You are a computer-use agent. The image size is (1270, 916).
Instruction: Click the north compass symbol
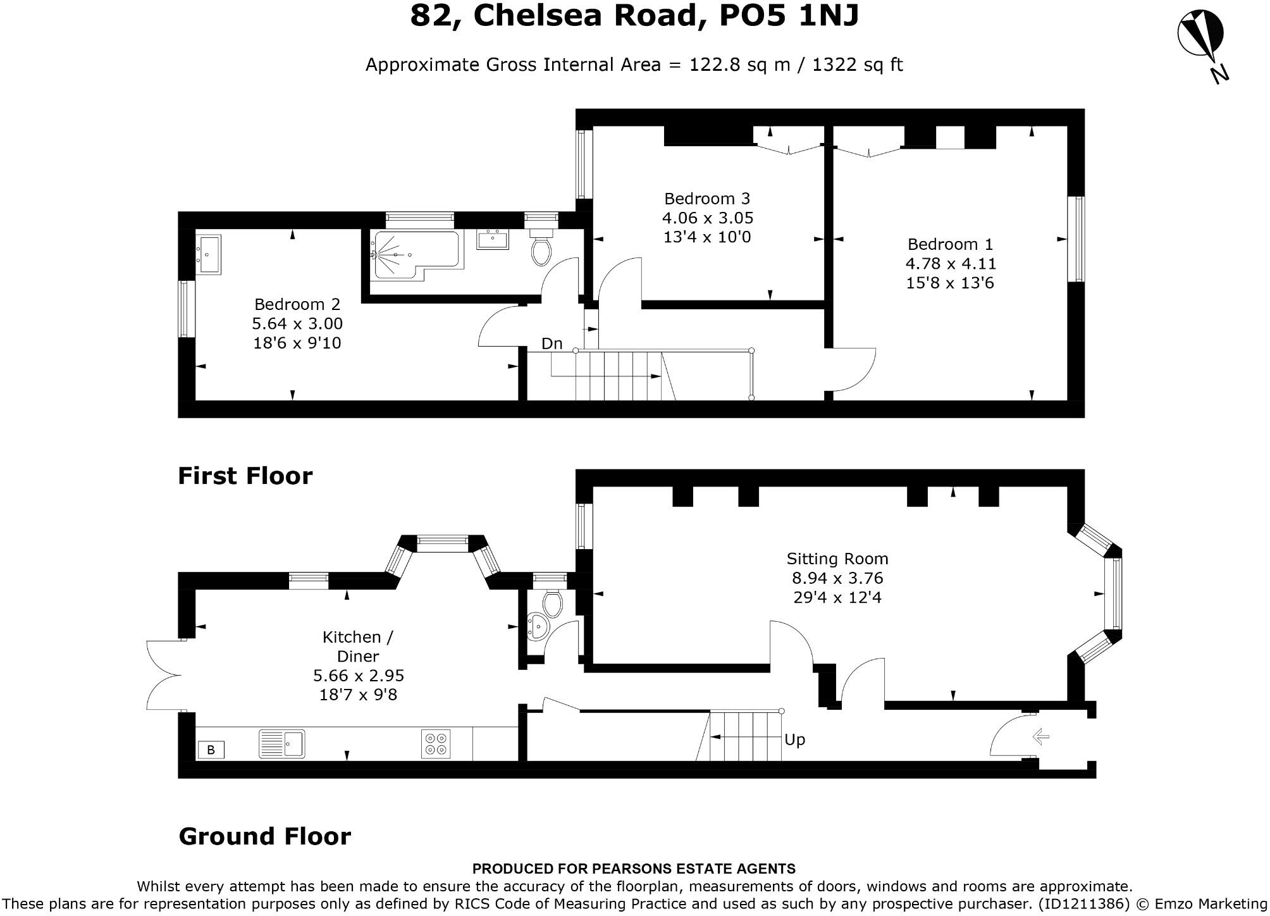coord(1200,37)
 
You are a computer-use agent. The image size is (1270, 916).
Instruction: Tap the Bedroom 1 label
coord(950,244)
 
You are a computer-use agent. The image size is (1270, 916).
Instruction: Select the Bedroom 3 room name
coord(707,199)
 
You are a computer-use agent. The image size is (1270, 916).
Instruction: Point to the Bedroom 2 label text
coord(297,304)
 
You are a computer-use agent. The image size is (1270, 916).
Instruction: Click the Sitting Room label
coord(837,559)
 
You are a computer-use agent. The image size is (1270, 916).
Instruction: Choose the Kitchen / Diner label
coord(358,646)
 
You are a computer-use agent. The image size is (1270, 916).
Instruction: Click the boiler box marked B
coord(211,750)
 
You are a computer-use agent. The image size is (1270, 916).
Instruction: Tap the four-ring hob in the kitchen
coord(436,744)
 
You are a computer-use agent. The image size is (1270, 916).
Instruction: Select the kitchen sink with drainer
coord(281,744)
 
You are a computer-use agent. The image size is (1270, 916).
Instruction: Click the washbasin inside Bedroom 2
coord(208,254)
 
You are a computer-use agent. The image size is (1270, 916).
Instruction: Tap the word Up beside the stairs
coord(794,740)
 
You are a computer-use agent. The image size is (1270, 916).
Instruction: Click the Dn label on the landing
coord(552,343)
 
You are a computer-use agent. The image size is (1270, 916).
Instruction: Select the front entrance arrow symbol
coord(1040,736)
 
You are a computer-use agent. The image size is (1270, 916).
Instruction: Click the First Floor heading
coord(245,476)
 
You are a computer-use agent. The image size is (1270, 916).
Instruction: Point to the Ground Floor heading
coord(264,836)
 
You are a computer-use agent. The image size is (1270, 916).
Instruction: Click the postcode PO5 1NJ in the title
coord(789,16)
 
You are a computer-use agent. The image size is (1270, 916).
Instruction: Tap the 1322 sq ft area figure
coord(857,65)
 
